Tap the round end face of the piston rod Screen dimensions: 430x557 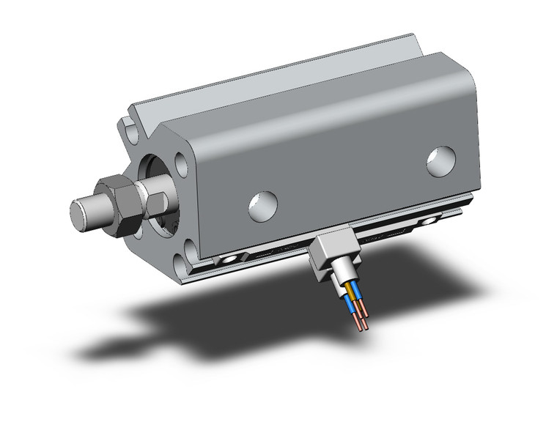click(80, 212)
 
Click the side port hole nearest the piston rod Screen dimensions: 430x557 click(262, 206)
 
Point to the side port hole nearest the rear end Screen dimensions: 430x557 click(440, 161)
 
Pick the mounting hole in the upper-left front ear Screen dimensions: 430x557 click(133, 135)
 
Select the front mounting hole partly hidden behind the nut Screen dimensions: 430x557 click(137, 233)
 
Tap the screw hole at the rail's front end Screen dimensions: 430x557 click(232, 259)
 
